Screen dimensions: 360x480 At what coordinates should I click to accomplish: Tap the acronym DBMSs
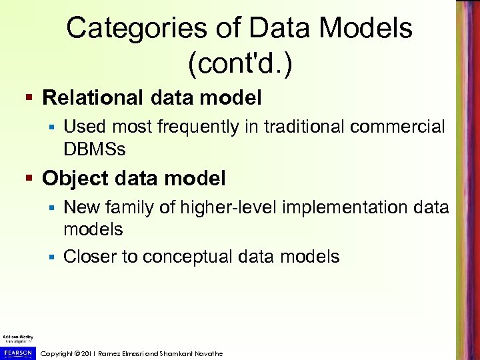point(94,149)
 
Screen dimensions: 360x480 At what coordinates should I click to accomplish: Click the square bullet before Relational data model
point(30,99)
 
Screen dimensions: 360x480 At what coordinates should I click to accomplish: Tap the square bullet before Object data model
point(30,179)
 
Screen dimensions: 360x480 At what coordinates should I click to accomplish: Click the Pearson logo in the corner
point(17,352)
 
